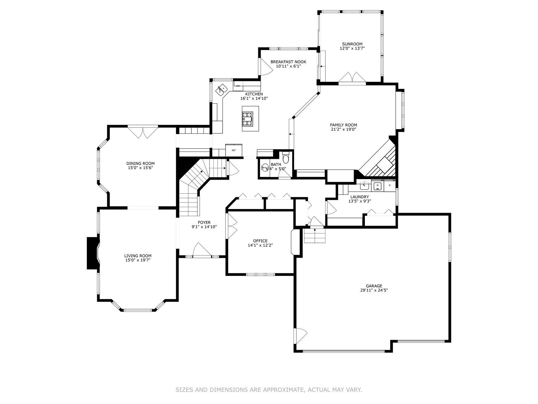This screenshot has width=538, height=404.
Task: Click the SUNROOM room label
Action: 352,44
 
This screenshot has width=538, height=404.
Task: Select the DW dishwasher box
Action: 238,86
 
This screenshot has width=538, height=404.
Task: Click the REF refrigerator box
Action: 234,150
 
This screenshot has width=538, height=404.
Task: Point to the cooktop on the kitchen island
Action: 247,119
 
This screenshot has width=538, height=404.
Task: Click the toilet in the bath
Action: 286,159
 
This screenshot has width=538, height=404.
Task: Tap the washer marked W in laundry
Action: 378,185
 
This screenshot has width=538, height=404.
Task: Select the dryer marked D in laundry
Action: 390,185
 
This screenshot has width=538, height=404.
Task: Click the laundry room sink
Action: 365,185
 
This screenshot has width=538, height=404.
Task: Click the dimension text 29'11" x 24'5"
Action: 374,290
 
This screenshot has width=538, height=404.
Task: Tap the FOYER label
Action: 204,222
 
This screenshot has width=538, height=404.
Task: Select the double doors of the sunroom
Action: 352,77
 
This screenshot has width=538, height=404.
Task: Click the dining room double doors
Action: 143,132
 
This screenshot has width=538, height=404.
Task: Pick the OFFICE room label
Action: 260,241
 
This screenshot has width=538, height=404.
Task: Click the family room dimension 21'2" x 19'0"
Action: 343,129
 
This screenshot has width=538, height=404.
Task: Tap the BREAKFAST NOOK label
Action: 288,62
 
